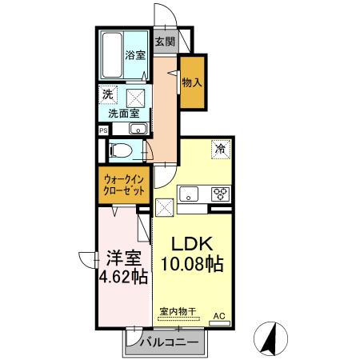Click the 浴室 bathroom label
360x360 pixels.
point(135,55)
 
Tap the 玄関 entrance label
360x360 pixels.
point(164,41)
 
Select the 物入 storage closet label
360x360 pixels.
point(192,82)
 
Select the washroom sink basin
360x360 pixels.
point(137,129)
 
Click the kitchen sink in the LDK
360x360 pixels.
point(190,193)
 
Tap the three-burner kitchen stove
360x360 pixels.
point(219,193)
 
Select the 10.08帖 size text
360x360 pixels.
point(191,263)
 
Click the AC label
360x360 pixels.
point(218,317)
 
